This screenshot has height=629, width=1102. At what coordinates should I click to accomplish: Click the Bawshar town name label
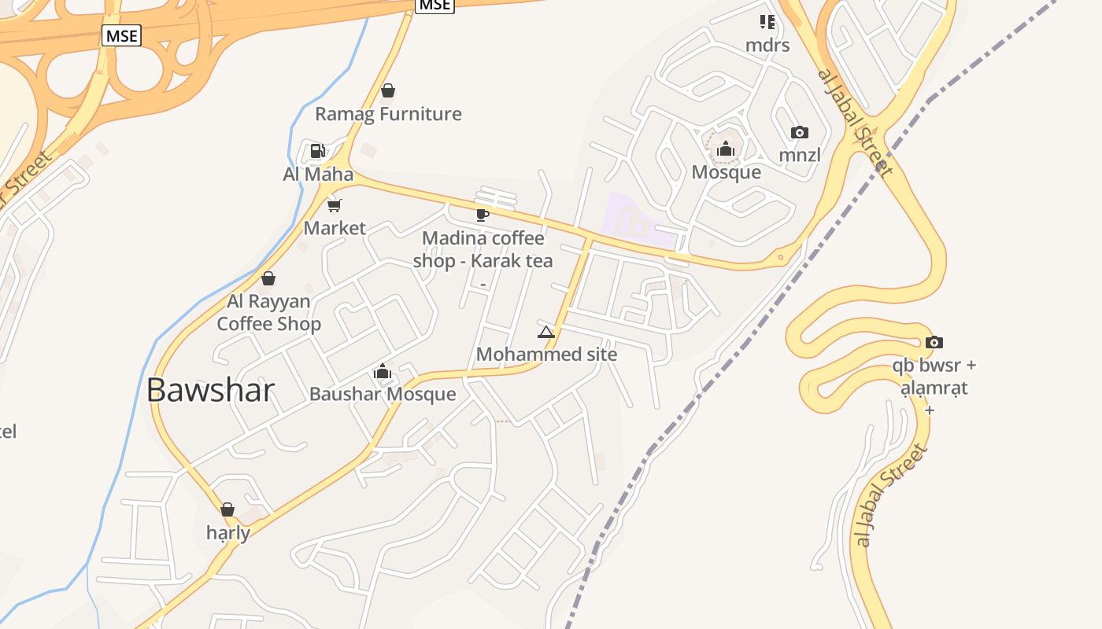point(210,390)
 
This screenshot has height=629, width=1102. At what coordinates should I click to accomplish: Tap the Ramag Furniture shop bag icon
point(387,91)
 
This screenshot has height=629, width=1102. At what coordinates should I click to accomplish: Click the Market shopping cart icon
point(335,205)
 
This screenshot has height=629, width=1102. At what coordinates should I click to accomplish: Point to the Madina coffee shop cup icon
point(483,215)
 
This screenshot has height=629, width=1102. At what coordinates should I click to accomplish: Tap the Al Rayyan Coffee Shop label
point(268,312)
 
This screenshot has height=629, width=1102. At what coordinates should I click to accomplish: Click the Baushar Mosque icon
point(383,371)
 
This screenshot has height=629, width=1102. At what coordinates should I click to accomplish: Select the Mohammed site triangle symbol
point(546,332)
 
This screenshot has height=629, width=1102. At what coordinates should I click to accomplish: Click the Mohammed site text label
point(546,355)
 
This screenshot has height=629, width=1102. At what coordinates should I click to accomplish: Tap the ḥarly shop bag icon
point(227,509)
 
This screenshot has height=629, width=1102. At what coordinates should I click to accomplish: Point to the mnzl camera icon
point(799,132)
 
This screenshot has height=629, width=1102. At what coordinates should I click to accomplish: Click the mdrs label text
point(767,45)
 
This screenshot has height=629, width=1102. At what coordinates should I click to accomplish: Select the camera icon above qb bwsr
point(934,342)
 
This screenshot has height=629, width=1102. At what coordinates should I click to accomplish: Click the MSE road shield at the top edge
point(435,5)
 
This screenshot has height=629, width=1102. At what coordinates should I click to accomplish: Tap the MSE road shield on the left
point(121,35)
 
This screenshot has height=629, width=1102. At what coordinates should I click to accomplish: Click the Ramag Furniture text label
point(388,114)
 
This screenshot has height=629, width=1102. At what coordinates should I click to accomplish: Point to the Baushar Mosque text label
point(383,394)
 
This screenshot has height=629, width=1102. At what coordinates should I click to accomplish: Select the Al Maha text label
point(318,174)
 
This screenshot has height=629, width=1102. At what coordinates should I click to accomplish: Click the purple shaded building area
point(638,221)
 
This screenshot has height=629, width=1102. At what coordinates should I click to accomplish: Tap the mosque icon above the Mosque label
point(725,149)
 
